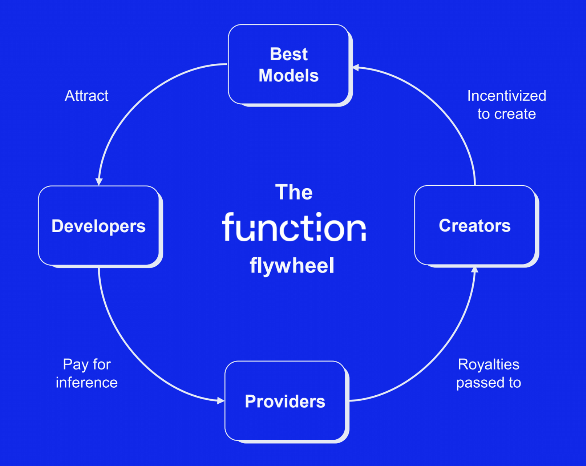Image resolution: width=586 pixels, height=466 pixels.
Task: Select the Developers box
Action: click(99, 226)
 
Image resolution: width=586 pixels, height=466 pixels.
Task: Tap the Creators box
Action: click(475, 225)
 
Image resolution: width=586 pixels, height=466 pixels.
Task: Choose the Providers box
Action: click(285, 401)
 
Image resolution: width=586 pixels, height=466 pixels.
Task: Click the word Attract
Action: click(87, 96)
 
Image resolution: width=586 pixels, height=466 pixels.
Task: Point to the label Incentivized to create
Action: click(507, 105)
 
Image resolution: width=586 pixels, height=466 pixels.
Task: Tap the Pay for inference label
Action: click(87, 373)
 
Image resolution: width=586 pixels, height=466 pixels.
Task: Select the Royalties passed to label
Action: click(488, 373)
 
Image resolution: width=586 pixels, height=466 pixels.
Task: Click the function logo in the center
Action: click(294, 227)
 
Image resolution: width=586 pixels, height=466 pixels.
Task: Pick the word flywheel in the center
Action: click(292, 265)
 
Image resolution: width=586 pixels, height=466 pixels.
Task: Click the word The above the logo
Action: click(294, 192)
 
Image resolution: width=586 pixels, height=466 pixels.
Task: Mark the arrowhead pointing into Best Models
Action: click(356, 68)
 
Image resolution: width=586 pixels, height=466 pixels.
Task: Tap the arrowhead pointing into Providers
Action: click(221, 401)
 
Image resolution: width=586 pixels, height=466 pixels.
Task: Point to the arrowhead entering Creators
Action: click(475, 269)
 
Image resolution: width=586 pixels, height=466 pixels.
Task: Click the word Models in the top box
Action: click(289, 75)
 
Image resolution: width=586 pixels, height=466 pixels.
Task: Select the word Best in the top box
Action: click(289, 54)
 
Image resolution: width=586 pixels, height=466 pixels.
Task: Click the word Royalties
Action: click(488, 364)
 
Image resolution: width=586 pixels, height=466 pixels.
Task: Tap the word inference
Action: click(87, 382)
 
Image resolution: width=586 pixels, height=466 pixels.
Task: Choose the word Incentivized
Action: click(507, 96)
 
